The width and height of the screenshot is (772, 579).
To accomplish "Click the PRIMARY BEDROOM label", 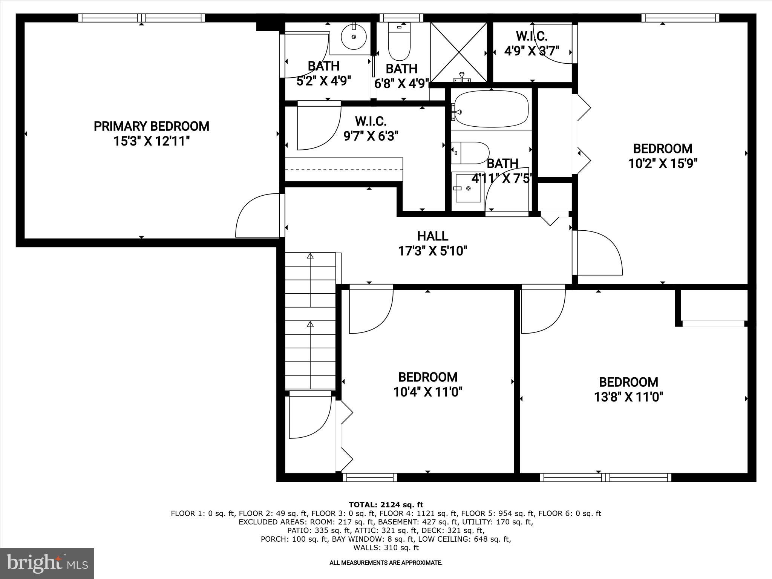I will click(x=151, y=126).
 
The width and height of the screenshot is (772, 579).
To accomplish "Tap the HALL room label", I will click(x=432, y=236).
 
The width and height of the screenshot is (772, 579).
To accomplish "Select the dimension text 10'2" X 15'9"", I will click(x=663, y=164).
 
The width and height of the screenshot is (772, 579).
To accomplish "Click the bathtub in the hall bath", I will click(x=491, y=109).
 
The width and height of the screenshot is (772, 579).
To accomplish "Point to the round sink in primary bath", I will click(x=354, y=37).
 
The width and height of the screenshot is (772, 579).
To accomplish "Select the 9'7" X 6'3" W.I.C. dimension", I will click(x=371, y=136).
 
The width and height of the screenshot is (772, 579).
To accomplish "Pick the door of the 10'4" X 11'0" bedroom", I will click(x=371, y=309).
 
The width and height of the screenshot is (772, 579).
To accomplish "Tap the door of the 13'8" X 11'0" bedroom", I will click(x=543, y=309).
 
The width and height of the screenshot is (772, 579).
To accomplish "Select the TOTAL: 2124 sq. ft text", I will click(x=386, y=505).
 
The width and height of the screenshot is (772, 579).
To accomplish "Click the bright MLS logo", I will click(x=47, y=563).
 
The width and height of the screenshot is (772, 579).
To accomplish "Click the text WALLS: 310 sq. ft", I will click(x=386, y=548).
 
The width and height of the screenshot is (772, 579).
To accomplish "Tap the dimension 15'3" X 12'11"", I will click(x=151, y=141).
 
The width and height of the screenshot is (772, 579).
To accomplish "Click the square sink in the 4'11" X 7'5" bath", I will click(x=468, y=188).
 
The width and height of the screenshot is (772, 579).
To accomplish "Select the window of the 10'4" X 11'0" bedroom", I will click(x=370, y=477).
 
